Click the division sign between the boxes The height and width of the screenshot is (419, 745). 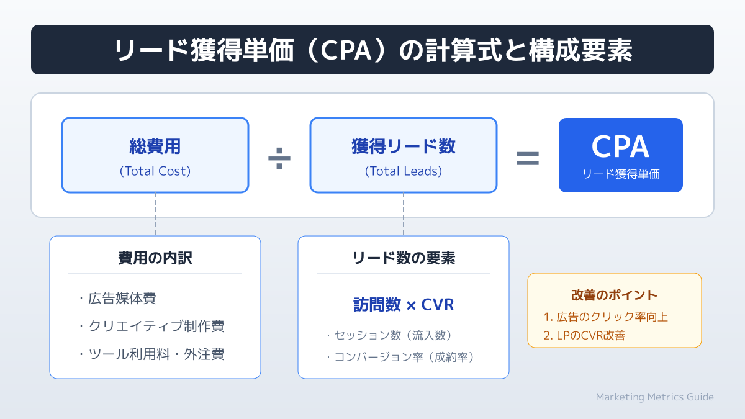(x=279, y=160)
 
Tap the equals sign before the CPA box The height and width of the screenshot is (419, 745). (x=528, y=159)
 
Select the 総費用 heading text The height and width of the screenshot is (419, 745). (x=155, y=146)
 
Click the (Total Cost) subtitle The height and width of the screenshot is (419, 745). (x=155, y=171)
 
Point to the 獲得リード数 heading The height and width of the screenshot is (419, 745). (x=404, y=146)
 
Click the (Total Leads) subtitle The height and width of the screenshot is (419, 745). (x=404, y=171)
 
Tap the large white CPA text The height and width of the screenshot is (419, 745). (x=620, y=147)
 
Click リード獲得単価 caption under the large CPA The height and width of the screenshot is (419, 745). (x=621, y=174)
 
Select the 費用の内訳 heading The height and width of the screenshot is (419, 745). (x=155, y=258)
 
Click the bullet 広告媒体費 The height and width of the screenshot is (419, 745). (x=118, y=298)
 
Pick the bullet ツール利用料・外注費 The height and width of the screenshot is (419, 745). (x=151, y=354)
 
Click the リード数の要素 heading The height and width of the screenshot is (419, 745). (x=404, y=258)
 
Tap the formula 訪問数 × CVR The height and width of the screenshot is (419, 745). (x=404, y=305)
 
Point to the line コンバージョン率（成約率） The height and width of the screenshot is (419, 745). (x=400, y=357)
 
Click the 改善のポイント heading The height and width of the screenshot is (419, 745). (x=614, y=295)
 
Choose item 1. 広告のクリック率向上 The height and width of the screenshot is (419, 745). (x=605, y=317)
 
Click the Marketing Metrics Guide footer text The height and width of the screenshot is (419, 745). (x=654, y=397)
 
